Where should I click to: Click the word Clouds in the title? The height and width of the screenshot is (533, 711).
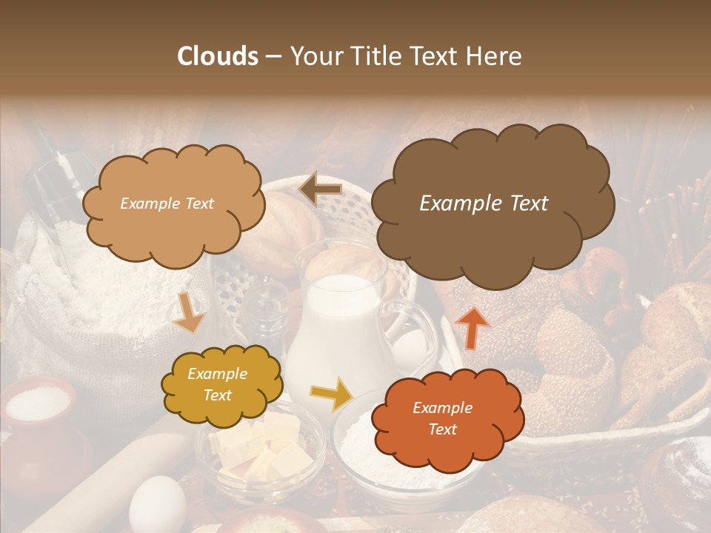click(x=217, y=56)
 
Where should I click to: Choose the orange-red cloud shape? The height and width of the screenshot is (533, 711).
click(x=447, y=419)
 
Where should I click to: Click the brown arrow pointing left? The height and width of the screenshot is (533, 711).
click(x=321, y=190)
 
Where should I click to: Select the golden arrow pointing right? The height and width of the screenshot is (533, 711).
click(x=331, y=395)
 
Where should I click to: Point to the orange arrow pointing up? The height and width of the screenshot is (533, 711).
click(x=472, y=326)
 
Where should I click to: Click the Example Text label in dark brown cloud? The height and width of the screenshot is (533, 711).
click(x=484, y=204)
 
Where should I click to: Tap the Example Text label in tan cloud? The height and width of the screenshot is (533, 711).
click(x=167, y=204)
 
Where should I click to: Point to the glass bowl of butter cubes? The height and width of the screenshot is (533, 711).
click(x=258, y=452)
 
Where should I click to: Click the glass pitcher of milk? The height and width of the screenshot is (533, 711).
click(x=337, y=326)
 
